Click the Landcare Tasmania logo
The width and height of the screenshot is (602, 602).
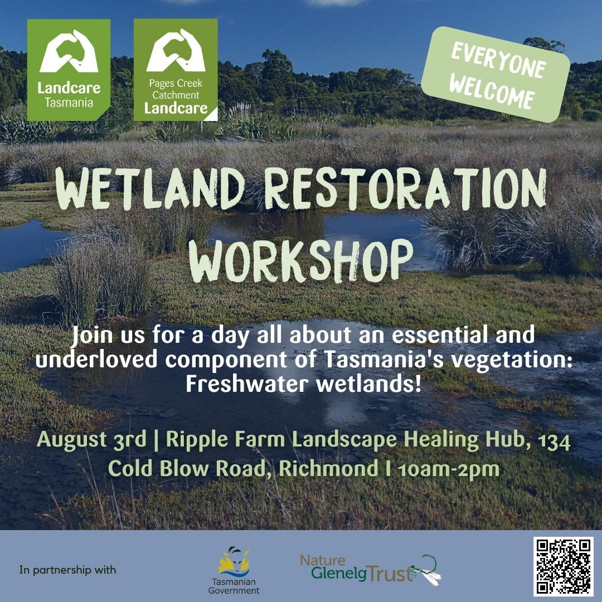(69, 70)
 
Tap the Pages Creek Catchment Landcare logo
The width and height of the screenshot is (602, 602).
(176, 70)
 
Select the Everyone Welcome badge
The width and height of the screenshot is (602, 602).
(496, 75)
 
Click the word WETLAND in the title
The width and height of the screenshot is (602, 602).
(150, 190)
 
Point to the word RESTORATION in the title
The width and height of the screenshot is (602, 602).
(405, 190)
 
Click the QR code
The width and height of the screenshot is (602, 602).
(563, 566)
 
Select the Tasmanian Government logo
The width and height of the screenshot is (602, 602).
(234, 570)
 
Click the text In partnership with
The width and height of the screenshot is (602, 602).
(67, 570)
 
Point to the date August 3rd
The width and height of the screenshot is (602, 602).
(92, 439)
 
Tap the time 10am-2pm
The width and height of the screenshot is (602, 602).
(449, 469)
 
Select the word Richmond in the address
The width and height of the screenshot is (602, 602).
(329, 468)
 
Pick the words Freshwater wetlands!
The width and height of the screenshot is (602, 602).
(304, 383)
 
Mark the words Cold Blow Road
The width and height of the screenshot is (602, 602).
(190, 468)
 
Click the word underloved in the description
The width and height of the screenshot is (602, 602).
(96, 360)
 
